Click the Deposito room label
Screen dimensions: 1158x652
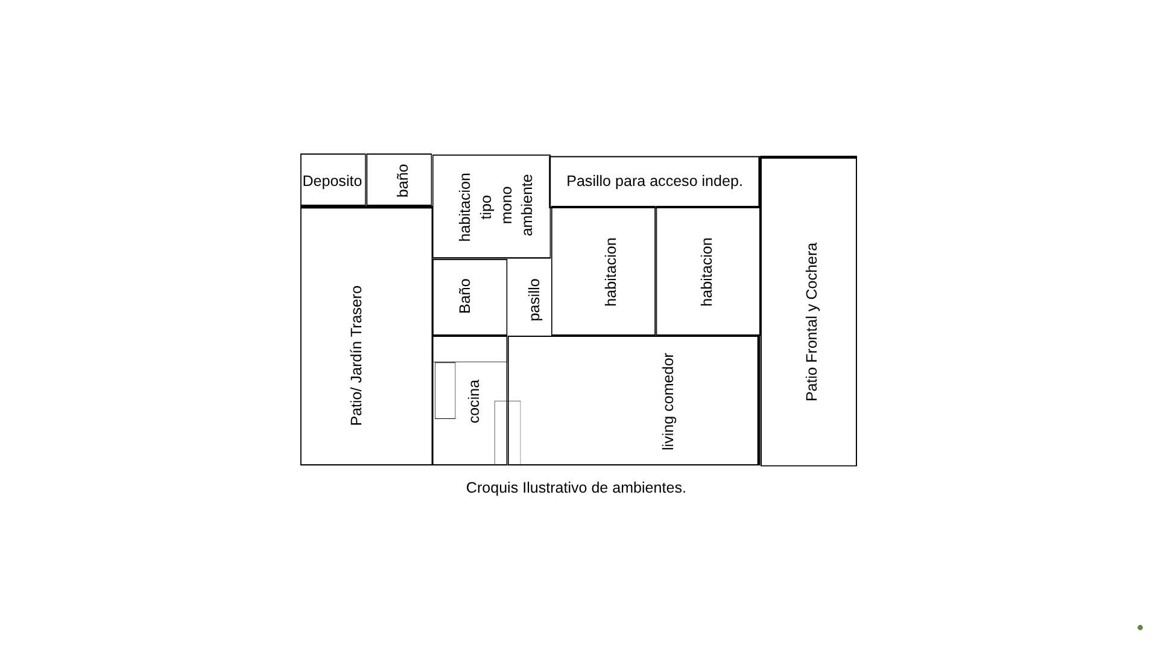(332, 181)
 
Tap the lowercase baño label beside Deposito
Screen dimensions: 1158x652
(403, 181)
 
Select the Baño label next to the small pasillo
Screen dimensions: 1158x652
(464, 296)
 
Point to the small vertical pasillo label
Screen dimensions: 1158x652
(534, 299)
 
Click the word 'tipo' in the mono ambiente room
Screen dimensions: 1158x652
(486, 207)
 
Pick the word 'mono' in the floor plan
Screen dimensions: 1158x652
(506, 205)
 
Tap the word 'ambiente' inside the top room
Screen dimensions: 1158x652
(527, 205)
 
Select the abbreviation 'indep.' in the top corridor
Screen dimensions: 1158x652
(723, 181)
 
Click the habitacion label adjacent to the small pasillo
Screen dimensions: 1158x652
(610, 272)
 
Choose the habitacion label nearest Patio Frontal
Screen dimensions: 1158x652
(707, 272)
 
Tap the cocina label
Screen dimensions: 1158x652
(474, 401)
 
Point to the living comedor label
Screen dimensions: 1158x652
(668, 401)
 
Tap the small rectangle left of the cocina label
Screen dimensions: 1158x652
(445, 391)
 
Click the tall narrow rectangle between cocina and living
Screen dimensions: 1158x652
(508, 433)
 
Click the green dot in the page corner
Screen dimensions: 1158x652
(1140, 627)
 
